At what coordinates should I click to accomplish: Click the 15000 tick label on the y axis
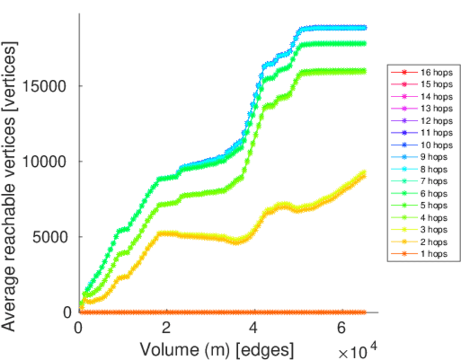(48, 86)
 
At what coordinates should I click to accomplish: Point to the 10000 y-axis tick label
(48, 161)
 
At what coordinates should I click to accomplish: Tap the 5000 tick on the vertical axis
(52, 236)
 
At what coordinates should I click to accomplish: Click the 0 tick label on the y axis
(67, 312)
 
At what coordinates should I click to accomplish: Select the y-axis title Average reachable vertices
(10, 185)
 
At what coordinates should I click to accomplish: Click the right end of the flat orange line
(364, 312)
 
